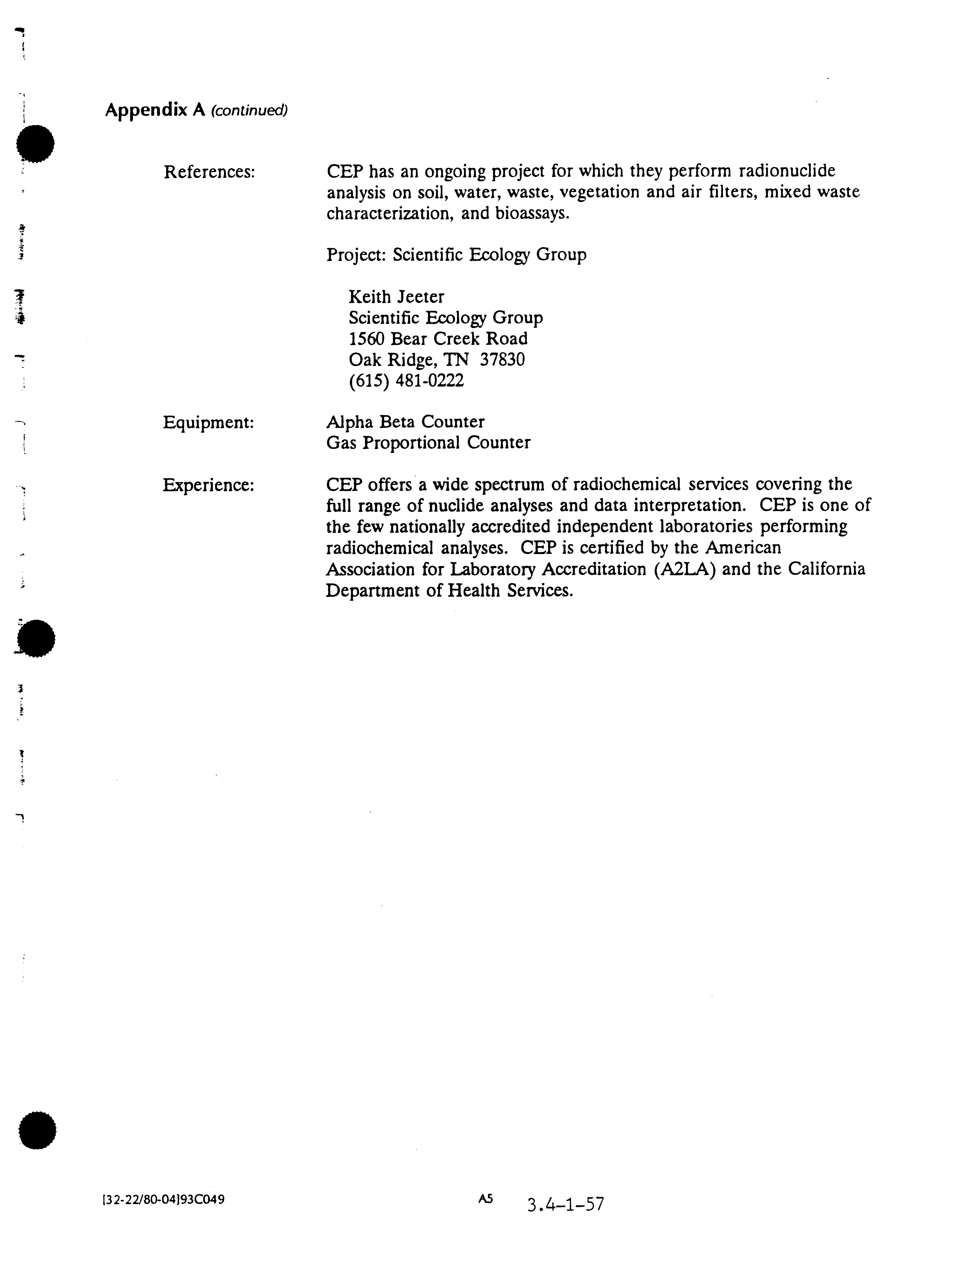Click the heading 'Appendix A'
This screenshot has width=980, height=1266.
pyautogui.click(x=155, y=110)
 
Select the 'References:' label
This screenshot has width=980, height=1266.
pyautogui.click(x=209, y=172)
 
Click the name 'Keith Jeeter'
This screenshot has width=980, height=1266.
pyautogui.click(x=396, y=297)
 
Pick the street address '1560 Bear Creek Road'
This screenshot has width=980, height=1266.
pyautogui.click(x=437, y=339)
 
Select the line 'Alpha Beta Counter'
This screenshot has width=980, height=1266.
pyautogui.click(x=405, y=422)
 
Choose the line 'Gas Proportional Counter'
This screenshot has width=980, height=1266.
pyautogui.click(x=428, y=443)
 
